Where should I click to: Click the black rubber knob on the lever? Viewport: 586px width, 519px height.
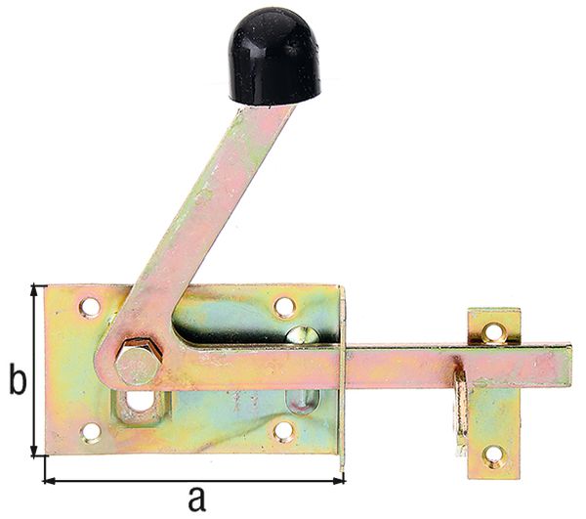[274, 58]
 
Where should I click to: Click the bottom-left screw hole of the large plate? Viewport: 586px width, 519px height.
[90, 431]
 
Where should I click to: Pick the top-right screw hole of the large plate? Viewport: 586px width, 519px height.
[284, 307]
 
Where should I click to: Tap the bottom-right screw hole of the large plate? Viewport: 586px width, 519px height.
[284, 430]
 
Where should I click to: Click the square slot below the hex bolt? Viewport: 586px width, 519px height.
[140, 402]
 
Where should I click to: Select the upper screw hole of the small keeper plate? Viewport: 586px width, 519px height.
[493, 332]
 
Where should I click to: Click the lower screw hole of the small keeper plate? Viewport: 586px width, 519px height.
[494, 454]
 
